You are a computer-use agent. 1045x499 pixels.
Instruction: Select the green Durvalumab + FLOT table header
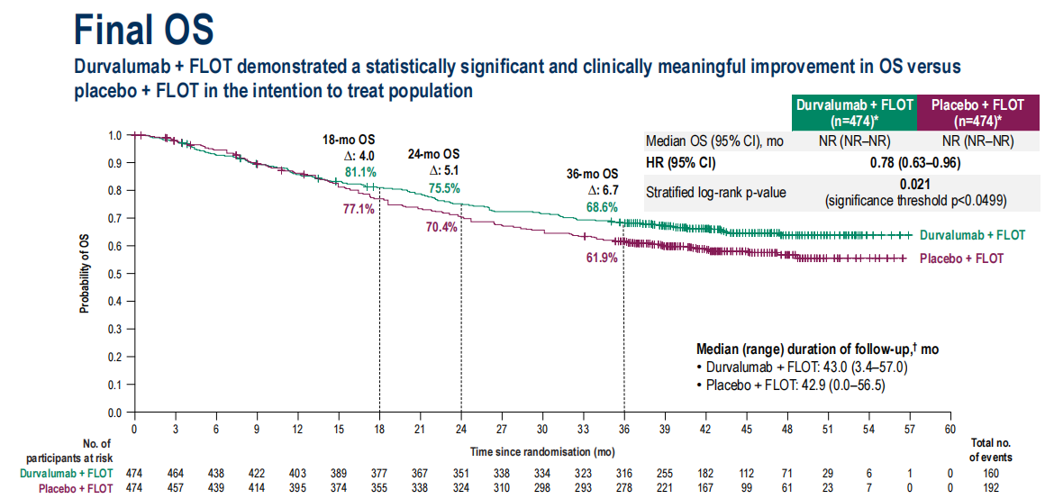(x=853, y=113)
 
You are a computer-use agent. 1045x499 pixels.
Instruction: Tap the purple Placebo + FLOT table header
(x=977, y=113)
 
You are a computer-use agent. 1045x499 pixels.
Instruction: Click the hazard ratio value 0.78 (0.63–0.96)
(x=914, y=163)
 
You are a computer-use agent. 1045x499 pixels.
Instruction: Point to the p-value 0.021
(x=914, y=184)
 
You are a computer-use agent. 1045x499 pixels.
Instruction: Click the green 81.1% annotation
(x=361, y=171)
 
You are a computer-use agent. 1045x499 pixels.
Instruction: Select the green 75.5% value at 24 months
(x=444, y=188)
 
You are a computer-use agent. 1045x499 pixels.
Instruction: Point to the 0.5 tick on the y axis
(x=114, y=274)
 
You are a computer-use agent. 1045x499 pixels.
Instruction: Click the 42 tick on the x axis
(x=705, y=430)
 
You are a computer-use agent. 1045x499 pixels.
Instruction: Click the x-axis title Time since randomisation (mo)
(x=542, y=449)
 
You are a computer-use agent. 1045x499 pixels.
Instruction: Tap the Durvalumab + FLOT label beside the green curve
(x=972, y=235)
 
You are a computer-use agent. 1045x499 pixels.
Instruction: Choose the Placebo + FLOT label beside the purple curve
(x=961, y=259)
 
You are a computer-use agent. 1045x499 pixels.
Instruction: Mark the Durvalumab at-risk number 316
(x=623, y=475)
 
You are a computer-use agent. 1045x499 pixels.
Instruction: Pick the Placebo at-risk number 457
(x=175, y=489)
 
